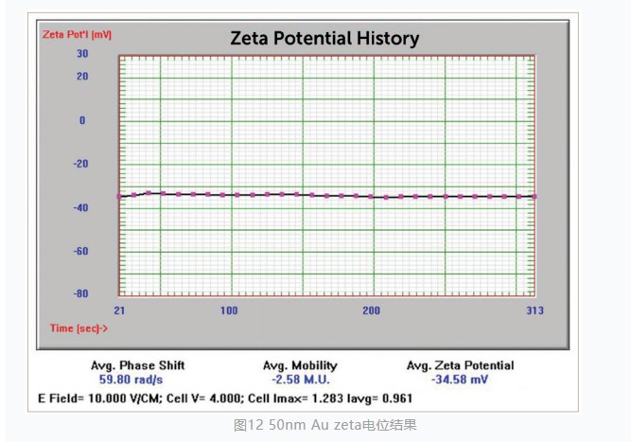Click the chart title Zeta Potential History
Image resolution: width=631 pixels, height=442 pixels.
(324, 39)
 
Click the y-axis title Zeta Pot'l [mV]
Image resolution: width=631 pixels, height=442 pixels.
(77, 34)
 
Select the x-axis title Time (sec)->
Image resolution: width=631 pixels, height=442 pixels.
(79, 327)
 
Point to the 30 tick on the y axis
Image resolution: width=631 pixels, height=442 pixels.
(82, 54)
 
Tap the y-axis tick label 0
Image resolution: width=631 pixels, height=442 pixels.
(82, 120)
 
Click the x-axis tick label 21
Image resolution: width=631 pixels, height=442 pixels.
(120, 310)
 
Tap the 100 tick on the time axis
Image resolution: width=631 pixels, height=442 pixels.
(229, 310)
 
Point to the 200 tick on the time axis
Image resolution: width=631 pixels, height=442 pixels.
(371, 310)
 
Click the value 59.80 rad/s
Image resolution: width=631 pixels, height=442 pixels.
(137, 379)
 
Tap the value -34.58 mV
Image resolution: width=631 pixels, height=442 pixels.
(460, 379)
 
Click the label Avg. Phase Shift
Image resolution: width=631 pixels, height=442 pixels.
(137, 365)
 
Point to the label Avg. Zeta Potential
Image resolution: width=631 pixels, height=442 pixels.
(460, 365)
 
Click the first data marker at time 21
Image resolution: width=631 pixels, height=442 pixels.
(119, 196)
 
